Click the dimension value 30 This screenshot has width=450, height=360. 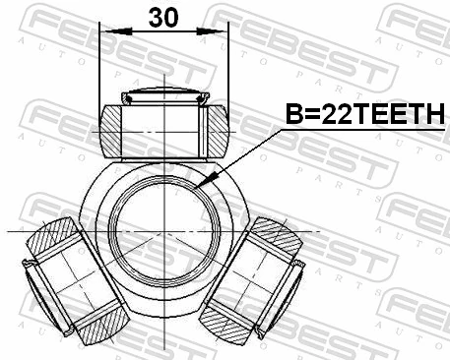pyautogui.click(x=163, y=17)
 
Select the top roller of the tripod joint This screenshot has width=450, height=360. pyautogui.click(x=162, y=126)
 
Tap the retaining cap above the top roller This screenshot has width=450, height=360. pyautogui.click(x=162, y=96)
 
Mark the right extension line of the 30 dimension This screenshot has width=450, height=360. pyautogui.click(x=227, y=69)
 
